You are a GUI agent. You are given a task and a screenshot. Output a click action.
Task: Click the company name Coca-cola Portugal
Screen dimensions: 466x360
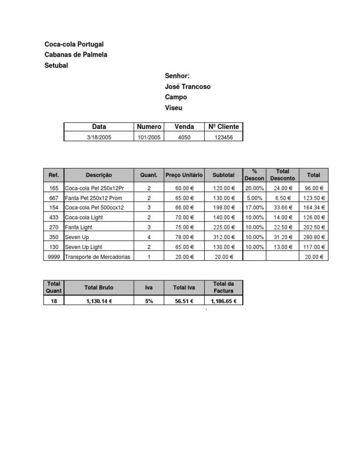click(74, 44)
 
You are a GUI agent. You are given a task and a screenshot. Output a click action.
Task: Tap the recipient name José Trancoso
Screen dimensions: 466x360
click(187, 86)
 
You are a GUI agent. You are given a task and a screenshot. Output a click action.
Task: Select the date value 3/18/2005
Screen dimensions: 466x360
click(99, 137)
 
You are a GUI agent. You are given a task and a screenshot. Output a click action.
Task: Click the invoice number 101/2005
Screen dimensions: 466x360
click(149, 137)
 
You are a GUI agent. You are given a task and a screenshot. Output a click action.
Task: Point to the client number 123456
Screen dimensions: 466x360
click(224, 137)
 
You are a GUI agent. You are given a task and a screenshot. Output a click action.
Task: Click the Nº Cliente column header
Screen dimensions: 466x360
click(224, 127)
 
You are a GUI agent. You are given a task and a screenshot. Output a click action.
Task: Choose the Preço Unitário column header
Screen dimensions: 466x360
click(184, 175)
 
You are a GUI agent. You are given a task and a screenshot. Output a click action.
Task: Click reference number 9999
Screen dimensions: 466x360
click(53, 256)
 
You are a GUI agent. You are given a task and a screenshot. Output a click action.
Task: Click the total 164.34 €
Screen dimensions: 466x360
click(314, 208)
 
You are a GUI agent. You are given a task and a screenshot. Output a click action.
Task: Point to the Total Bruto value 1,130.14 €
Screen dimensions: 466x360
click(99, 301)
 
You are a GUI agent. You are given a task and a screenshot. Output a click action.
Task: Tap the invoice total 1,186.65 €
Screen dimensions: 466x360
click(224, 301)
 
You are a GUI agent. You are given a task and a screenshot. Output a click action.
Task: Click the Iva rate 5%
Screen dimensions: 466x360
click(149, 301)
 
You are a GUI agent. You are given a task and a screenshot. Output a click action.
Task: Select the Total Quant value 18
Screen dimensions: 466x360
click(53, 301)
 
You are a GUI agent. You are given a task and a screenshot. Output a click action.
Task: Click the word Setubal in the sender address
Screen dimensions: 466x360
click(56, 65)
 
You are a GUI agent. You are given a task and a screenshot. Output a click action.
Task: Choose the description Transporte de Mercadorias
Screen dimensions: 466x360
click(98, 256)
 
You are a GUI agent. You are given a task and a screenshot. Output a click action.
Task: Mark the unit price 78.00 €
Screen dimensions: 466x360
click(184, 237)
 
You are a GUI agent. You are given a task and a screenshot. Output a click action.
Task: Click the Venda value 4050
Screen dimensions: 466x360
click(184, 137)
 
